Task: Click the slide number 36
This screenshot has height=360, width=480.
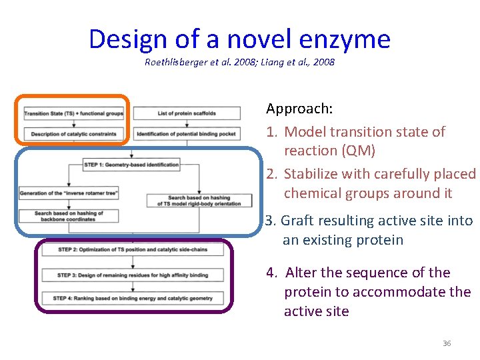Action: click(447, 343)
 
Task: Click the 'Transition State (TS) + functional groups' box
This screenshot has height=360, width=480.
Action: click(74, 113)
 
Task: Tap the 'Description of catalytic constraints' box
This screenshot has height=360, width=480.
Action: click(74, 134)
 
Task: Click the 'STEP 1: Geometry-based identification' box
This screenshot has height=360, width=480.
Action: click(131, 165)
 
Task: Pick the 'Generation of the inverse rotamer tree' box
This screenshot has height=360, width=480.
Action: click(69, 193)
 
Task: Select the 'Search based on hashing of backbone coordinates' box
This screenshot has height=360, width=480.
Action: click(69, 215)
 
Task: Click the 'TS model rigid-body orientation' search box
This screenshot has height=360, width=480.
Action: click(199, 200)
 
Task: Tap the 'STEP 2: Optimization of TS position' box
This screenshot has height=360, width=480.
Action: click(132, 249)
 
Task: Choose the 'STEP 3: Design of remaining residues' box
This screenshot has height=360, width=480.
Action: click(132, 275)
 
